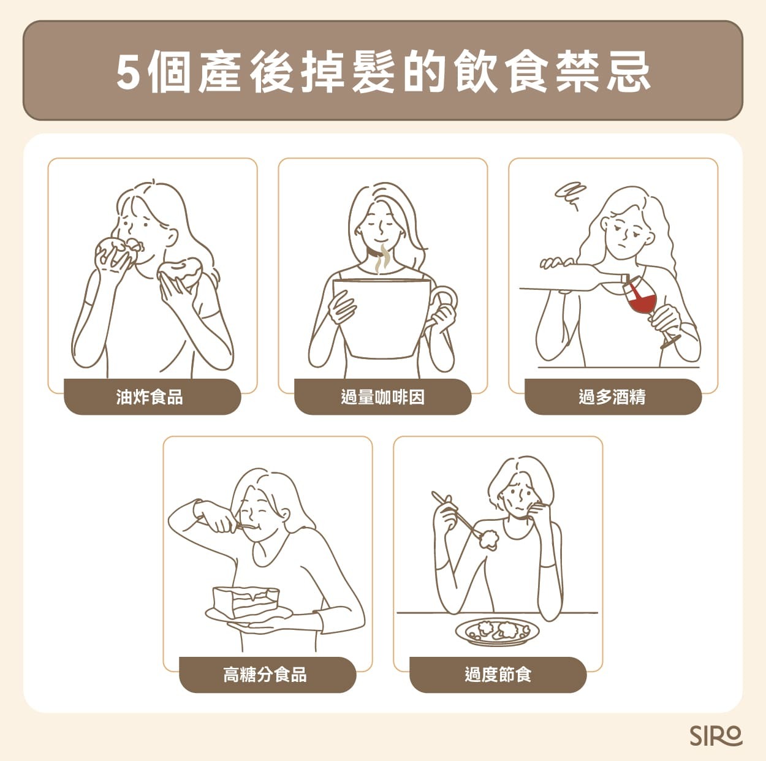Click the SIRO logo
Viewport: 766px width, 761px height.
(716, 736)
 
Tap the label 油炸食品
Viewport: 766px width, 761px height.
(150, 397)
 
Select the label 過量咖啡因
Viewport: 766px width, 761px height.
(382, 397)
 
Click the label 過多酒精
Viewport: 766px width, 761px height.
(612, 397)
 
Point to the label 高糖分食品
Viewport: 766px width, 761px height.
(265, 675)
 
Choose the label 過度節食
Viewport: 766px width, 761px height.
(498, 675)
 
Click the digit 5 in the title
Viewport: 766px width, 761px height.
(129, 73)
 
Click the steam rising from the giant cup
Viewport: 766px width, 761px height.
(382, 259)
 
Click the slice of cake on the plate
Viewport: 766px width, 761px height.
(246, 600)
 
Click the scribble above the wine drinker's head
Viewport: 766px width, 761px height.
(570, 195)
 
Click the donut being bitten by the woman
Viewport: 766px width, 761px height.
(118, 251)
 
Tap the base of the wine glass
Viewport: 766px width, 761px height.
(670, 341)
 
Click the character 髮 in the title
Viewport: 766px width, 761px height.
(374, 73)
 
